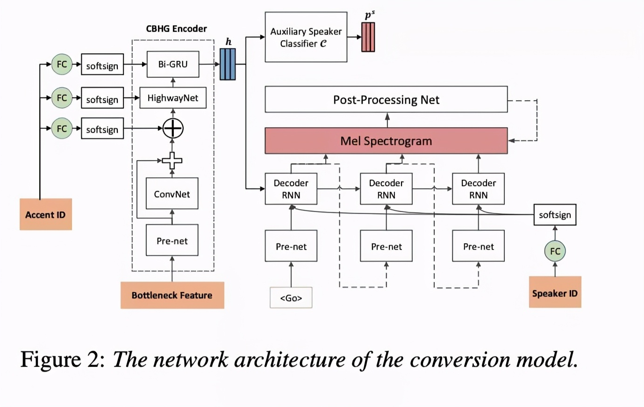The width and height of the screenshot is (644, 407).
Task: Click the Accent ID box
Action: [x=45, y=214]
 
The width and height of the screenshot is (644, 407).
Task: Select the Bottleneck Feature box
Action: [x=172, y=295]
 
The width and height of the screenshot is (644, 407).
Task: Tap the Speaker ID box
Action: [x=555, y=292]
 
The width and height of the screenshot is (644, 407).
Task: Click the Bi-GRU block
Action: [x=172, y=64]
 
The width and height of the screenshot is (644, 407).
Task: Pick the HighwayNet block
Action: [x=172, y=98]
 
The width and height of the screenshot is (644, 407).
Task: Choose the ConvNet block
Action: [x=172, y=194]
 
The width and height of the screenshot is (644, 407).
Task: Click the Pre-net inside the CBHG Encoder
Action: [x=172, y=240]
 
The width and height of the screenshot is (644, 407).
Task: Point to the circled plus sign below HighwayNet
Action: [x=172, y=128]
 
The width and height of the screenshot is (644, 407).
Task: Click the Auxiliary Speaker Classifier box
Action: [x=306, y=37]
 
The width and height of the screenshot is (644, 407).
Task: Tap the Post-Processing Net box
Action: [x=386, y=99]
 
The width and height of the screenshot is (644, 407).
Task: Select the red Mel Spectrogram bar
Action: [x=386, y=141]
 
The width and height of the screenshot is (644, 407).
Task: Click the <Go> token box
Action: [x=291, y=298]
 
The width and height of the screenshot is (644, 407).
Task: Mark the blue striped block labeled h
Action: [x=228, y=64]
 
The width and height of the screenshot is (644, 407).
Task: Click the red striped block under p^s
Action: [x=368, y=37]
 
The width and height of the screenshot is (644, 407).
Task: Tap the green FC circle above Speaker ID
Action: [x=555, y=251]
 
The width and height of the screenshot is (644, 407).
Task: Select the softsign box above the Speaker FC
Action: [x=555, y=215]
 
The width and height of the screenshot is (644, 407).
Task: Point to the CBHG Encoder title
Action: [x=176, y=29]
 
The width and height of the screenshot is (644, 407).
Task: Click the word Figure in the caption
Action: [x=50, y=359]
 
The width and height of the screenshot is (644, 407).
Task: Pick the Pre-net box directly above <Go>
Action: [x=291, y=246]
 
